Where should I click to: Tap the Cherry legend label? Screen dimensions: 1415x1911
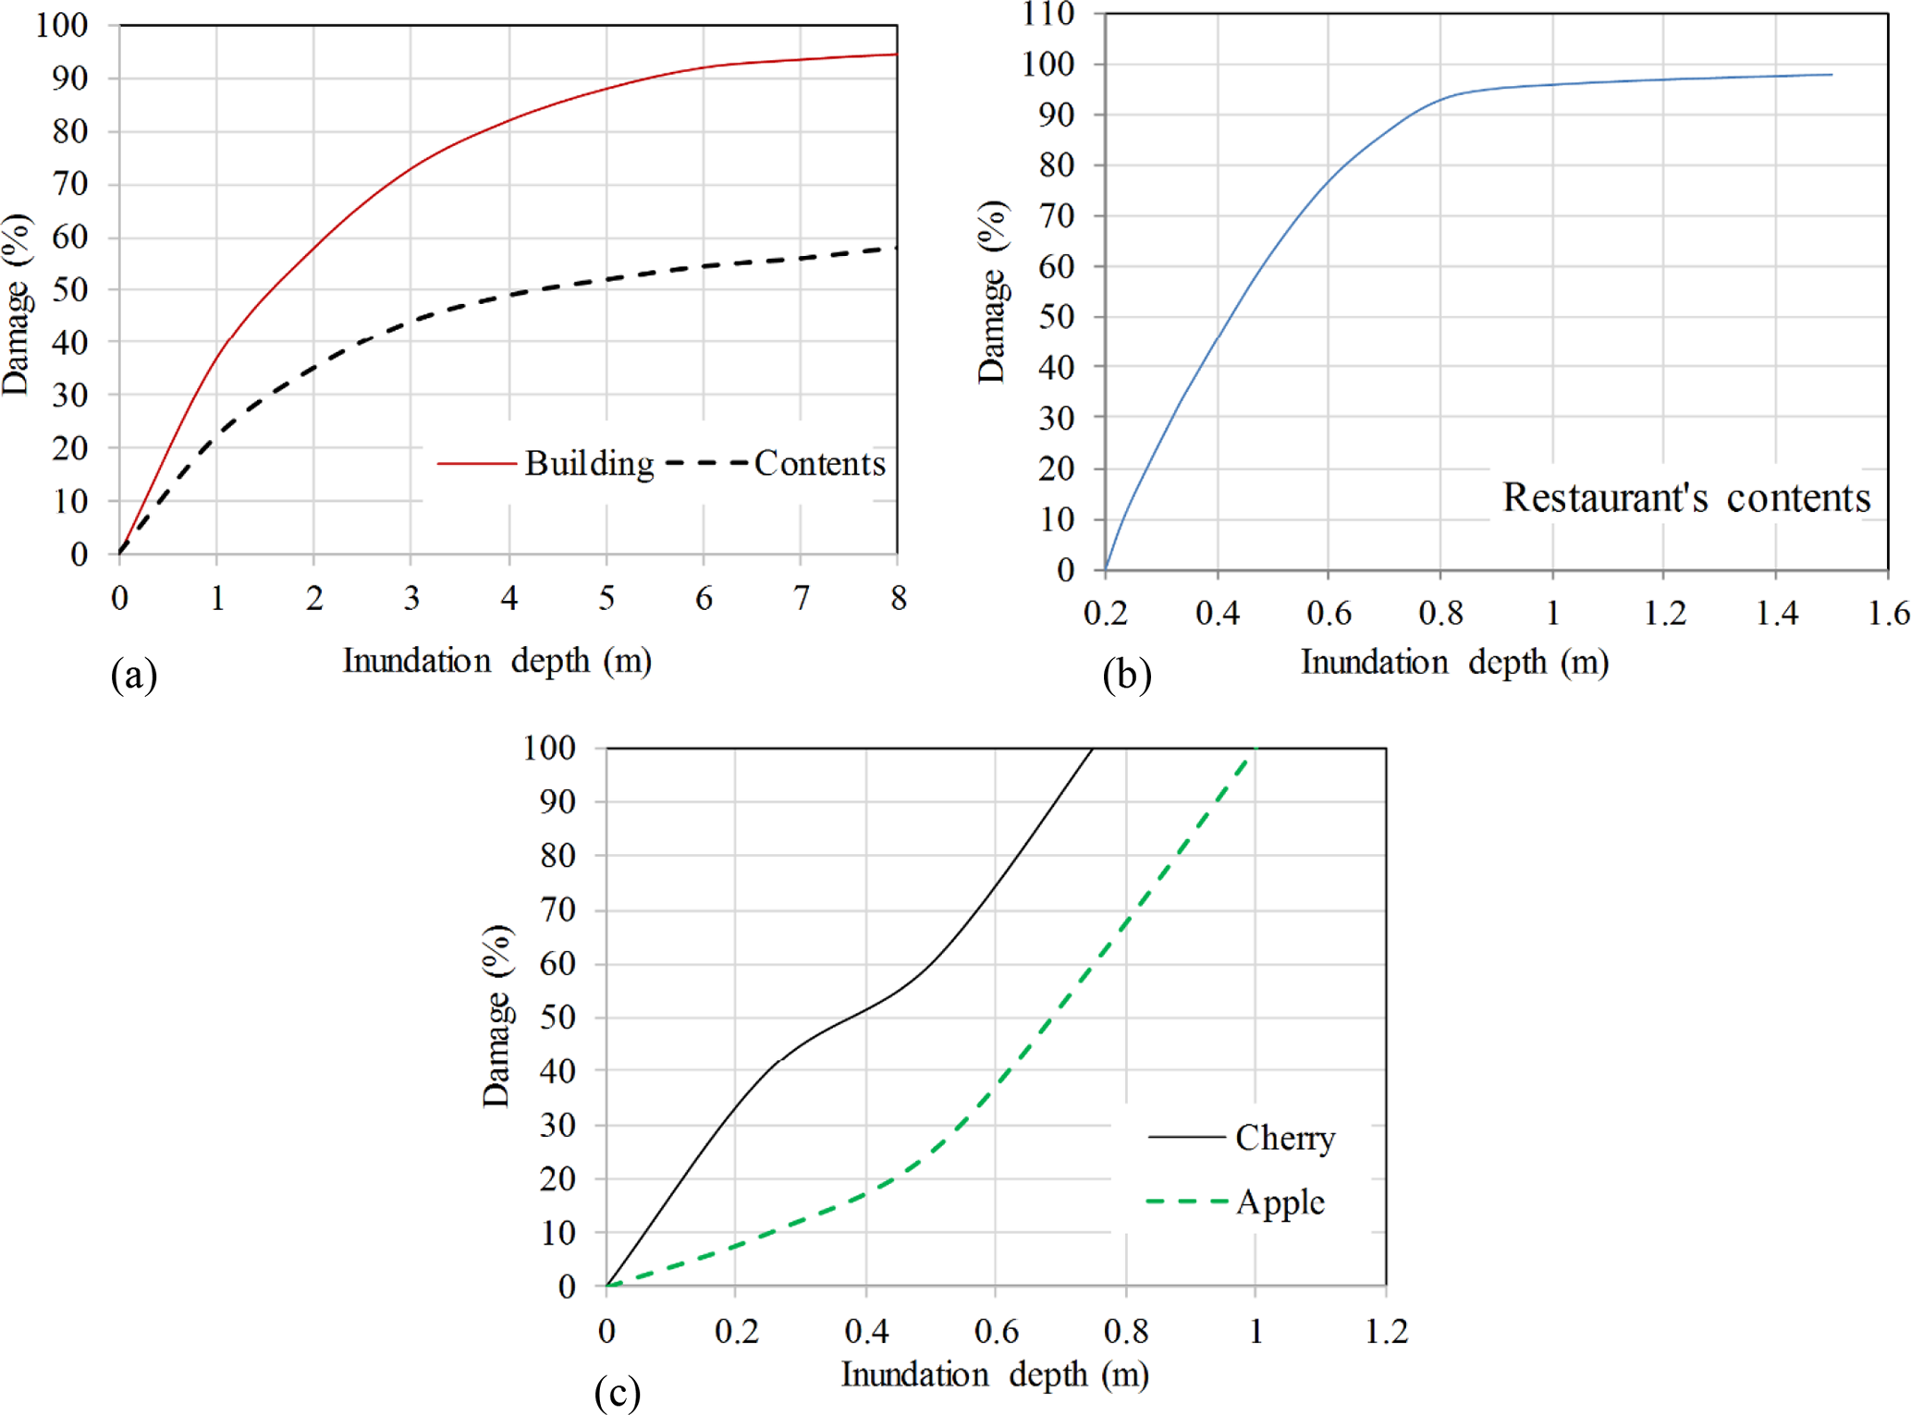1284,1138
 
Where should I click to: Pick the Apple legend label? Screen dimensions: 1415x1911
1280,1202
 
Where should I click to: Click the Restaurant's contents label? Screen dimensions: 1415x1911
1685,497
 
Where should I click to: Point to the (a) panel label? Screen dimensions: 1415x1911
134,675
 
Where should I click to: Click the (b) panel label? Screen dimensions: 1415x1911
1126,675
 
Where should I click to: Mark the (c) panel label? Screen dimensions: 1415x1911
617,1391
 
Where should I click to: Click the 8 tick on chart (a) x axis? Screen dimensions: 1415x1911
898,598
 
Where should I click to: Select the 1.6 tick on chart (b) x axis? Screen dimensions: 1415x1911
1888,613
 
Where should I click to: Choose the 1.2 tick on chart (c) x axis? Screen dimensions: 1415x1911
1386,1331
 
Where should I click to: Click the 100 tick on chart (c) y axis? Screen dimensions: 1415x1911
549,748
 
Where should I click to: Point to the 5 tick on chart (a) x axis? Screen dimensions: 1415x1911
606,598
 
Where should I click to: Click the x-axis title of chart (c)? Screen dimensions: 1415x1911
995,1374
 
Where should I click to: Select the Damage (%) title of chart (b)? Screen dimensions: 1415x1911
992,291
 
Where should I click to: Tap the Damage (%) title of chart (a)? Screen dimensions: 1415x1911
17,305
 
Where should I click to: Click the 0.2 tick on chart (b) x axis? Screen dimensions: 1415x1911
1106,613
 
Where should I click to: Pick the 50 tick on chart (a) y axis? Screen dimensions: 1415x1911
69,289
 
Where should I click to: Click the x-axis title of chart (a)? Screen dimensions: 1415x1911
497,661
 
